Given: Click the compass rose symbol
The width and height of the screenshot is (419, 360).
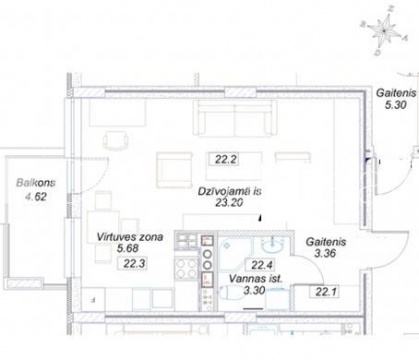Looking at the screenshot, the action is (x=384, y=32).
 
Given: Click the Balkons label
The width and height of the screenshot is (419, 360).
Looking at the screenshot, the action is (x=36, y=183).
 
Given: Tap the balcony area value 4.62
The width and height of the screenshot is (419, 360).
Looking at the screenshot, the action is (x=36, y=197).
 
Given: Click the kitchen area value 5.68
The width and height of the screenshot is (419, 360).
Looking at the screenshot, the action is (x=128, y=248).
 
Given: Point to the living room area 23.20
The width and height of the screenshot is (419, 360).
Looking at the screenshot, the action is (x=229, y=202).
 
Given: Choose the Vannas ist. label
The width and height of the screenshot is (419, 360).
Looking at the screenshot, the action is (x=256, y=279).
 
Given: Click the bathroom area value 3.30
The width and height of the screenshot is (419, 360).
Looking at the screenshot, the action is (x=254, y=290).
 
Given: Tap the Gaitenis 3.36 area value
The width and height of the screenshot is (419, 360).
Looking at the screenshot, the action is (x=325, y=254).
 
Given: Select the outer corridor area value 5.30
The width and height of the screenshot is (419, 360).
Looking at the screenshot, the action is (x=396, y=105).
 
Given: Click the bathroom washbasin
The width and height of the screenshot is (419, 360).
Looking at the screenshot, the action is (x=273, y=246).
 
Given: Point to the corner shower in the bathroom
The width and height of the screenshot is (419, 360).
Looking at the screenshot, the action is (x=236, y=252).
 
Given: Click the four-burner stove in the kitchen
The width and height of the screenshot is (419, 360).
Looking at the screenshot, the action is (x=186, y=268).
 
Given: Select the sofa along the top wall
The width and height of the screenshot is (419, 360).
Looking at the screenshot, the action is (x=235, y=118).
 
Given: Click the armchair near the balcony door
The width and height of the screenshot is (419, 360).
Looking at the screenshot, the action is (x=116, y=140).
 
